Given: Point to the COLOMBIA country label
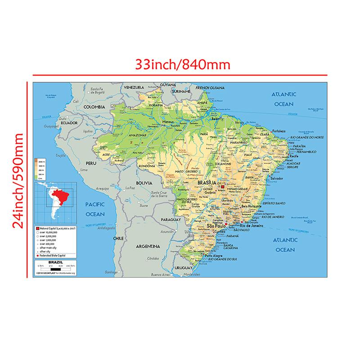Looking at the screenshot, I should tap(94, 107).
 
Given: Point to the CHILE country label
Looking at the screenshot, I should tap(118, 238).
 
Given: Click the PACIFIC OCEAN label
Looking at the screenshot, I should tap(94, 209).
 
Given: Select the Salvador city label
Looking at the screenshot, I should tap(277, 178).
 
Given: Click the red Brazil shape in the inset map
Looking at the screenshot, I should tap(60, 196).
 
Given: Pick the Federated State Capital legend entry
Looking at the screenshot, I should tap(56, 256).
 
